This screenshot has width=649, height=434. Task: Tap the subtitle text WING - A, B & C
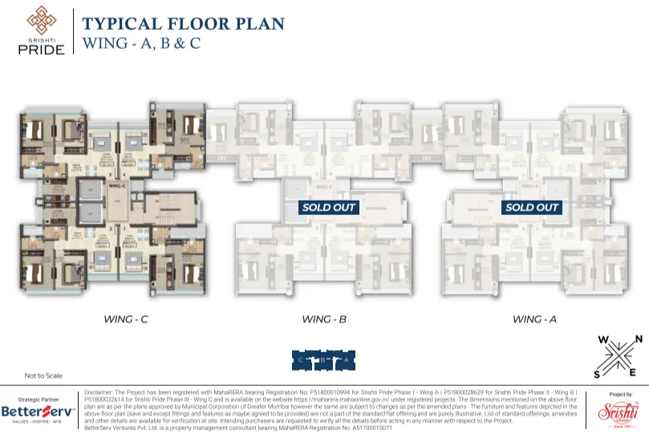tap(141, 43)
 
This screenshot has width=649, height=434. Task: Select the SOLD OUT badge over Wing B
tap(328, 207)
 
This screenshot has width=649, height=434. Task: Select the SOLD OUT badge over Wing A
tap(531, 207)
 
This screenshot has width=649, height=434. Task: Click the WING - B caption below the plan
tap(324, 319)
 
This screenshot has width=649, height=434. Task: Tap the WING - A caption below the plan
tap(535, 319)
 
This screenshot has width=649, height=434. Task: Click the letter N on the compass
tap(639, 339)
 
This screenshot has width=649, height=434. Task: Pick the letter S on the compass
tap(596, 373)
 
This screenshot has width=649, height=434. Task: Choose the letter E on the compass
tap(634, 373)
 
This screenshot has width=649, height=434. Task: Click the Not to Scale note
tap(43, 375)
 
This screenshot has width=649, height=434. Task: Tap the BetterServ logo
tap(38, 412)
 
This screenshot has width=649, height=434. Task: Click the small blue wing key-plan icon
tap(323, 360)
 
